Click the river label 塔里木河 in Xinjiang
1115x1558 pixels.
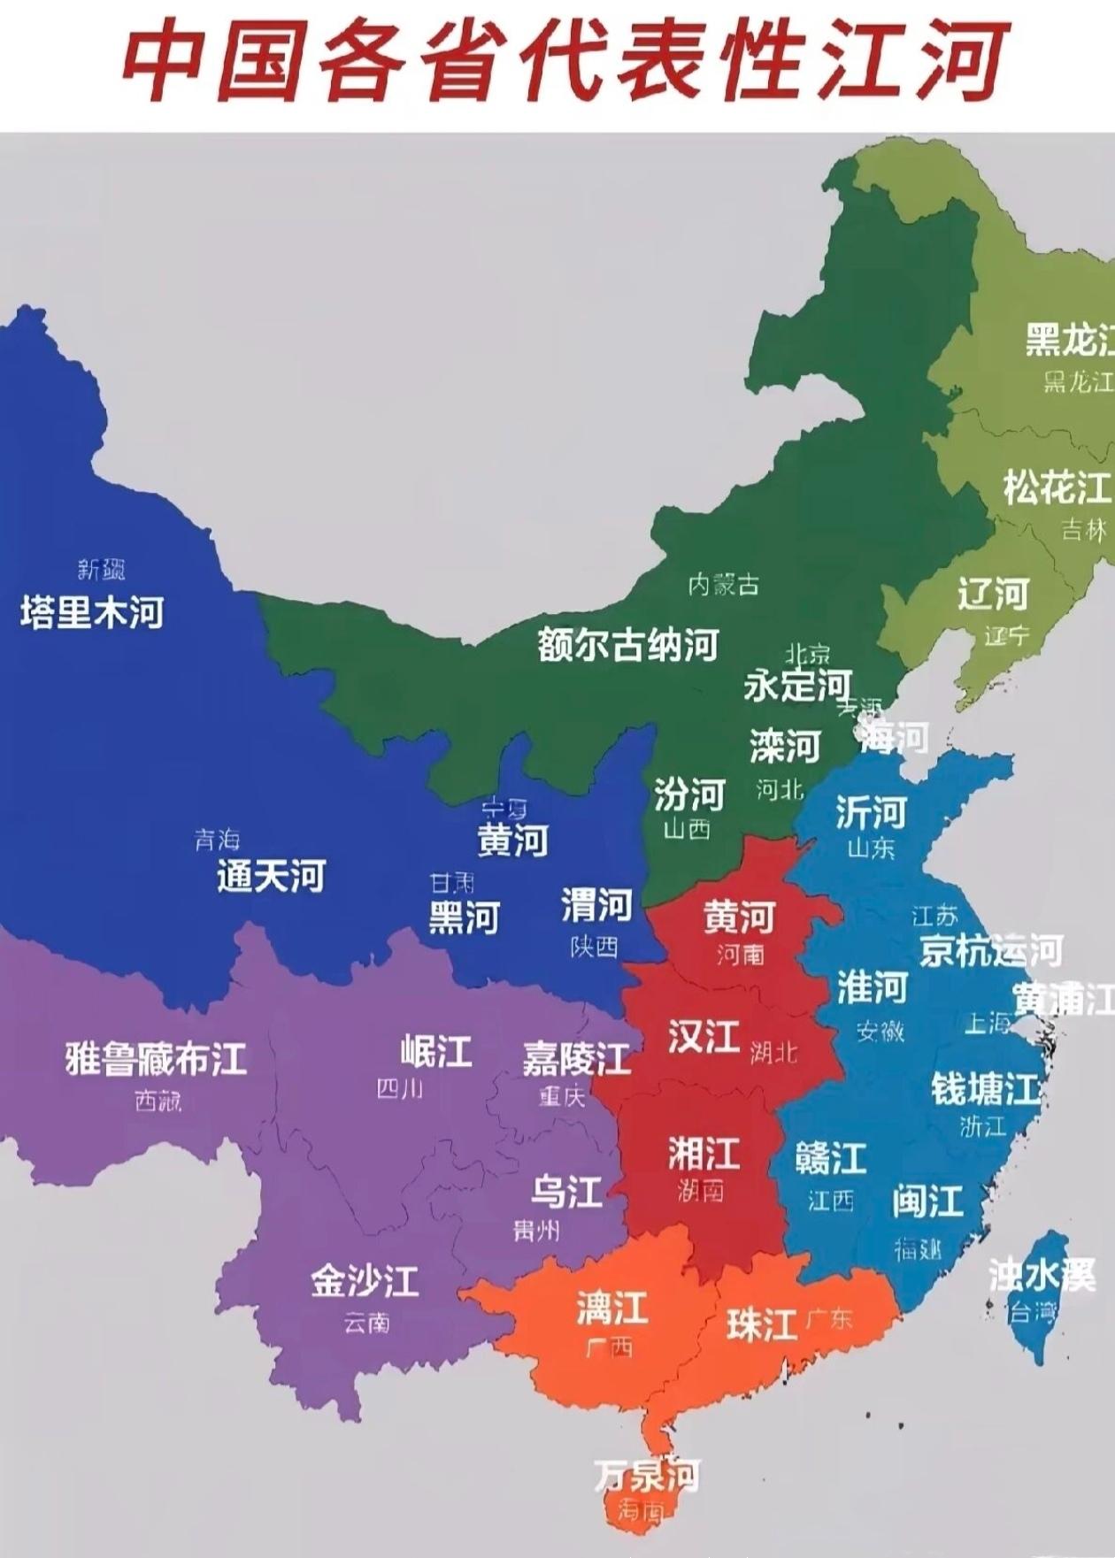pyautogui.click(x=92, y=612)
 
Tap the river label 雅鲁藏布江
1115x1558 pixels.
pyautogui.click(x=156, y=1058)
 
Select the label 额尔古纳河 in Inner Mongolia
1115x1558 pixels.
pyautogui.click(x=627, y=645)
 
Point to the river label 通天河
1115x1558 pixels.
pyautogui.click(x=271, y=876)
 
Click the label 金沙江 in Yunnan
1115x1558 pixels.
pyautogui.click(x=364, y=1281)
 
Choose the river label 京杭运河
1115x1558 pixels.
pyautogui.click(x=990, y=951)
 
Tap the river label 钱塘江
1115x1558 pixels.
pyautogui.click(x=985, y=1088)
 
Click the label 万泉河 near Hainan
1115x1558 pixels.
pyautogui.click(x=647, y=1475)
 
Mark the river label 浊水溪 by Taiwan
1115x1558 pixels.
pyautogui.click(x=1042, y=1275)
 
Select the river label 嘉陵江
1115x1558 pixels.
pyautogui.click(x=576, y=1058)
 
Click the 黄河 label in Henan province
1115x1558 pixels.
pyautogui.click(x=739, y=918)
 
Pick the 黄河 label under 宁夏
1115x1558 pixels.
pyautogui.click(x=512, y=840)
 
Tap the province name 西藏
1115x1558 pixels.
pyautogui.click(x=158, y=1101)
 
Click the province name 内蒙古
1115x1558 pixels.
pyautogui.click(x=723, y=585)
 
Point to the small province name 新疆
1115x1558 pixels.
pyautogui.click(x=101, y=570)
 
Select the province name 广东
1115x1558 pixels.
pyautogui.click(x=829, y=1319)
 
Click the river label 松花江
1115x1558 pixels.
pyautogui.click(x=1056, y=487)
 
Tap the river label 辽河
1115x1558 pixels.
pyautogui.click(x=993, y=594)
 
